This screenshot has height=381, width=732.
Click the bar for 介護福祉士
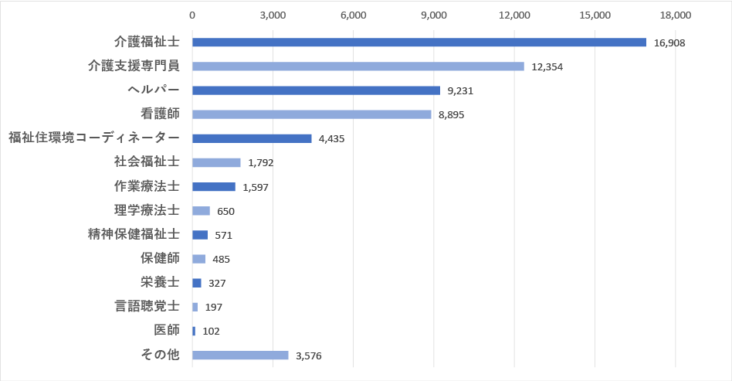pos(419,43)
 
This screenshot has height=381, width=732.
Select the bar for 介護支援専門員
pos(358,66)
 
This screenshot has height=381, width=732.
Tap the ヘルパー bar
pos(316,90)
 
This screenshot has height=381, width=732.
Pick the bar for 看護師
pos(311,114)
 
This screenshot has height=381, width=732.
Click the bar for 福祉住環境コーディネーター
pos(252,138)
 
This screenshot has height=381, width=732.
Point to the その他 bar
pos(240,355)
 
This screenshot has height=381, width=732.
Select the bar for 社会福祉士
pos(216,162)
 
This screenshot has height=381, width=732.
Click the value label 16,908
pos(669,43)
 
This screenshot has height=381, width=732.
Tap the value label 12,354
pos(547,67)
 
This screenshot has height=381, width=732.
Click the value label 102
pos(211,332)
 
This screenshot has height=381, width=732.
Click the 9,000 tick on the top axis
pos(434,15)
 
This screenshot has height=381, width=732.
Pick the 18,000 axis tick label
pos(676,15)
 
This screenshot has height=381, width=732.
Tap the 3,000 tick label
pos(273,15)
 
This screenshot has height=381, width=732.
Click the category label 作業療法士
pos(146,186)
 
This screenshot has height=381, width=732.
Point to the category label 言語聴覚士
pos(146,307)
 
